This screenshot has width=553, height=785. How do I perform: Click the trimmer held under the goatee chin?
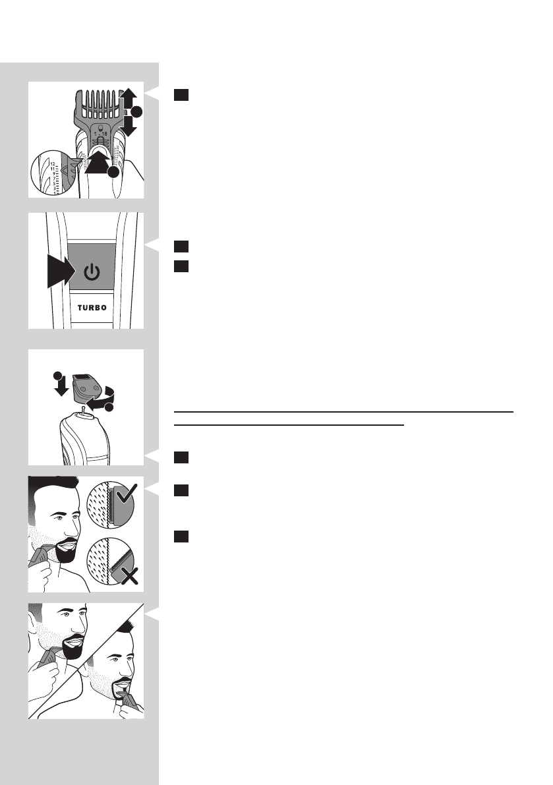pos(124,706)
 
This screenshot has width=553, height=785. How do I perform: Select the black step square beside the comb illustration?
pos(183,95)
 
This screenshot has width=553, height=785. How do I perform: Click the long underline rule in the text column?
pos(343,412)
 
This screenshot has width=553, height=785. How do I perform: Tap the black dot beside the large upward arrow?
pos(113,173)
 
